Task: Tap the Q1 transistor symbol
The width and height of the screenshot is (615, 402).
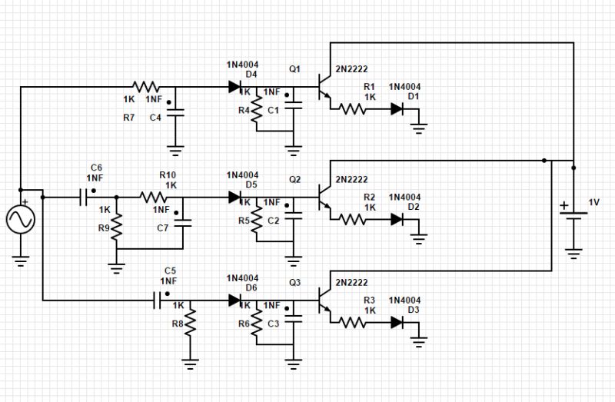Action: click(x=324, y=88)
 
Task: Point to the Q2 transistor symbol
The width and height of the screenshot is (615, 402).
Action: click(x=324, y=197)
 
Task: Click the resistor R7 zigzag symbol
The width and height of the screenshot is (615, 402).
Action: click(x=145, y=87)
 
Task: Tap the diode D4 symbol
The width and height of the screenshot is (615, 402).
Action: click(x=235, y=87)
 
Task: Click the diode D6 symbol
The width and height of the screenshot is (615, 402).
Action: click(x=235, y=301)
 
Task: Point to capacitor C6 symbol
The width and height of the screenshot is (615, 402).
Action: click(x=85, y=197)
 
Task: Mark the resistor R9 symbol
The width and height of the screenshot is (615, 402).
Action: click(x=116, y=226)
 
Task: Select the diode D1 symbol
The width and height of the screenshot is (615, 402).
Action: click(x=397, y=109)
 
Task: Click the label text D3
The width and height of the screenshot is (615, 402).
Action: click(x=414, y=310)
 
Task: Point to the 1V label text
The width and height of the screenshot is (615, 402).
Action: click(x=594, y=202)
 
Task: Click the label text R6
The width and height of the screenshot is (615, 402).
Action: click(x=244, y=324)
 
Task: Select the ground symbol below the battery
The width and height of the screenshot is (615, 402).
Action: click(x=573, y=252)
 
